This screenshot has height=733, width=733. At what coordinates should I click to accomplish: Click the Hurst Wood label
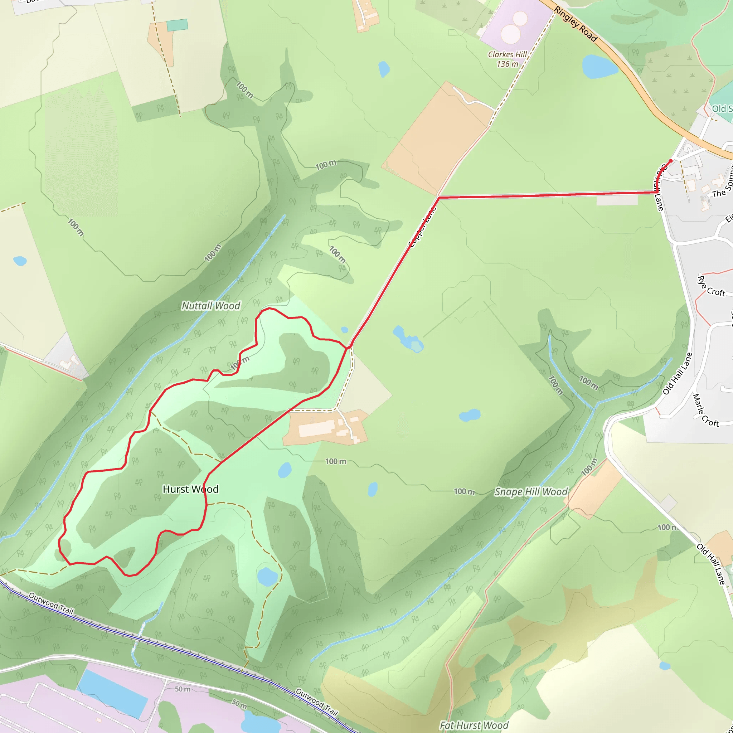click(190, 489)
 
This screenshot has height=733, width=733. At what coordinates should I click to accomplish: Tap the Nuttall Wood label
click(211, 306)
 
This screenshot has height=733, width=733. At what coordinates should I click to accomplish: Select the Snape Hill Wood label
click(531, 492)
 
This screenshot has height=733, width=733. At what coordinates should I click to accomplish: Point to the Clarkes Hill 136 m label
click(507, 59)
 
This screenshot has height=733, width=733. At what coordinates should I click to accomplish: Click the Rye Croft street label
click(712, 287)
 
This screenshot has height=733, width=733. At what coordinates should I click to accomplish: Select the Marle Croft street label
click(706, 411)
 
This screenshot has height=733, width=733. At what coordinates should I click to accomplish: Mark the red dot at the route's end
click(671, 161)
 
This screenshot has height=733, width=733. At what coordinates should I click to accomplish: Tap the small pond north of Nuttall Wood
click(384, 69)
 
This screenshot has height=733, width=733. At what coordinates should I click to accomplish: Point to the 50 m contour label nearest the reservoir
click(183, 689)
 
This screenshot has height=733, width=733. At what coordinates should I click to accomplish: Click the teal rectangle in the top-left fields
click(177, 25)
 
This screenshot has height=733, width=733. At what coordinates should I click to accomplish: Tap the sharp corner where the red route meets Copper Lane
click(438, 197)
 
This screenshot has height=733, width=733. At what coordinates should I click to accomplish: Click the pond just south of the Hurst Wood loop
click(267, 577)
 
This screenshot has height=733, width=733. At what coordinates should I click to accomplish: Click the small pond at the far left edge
click(20, 261)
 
